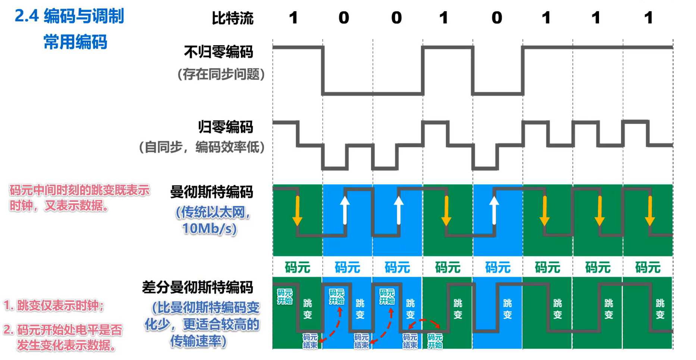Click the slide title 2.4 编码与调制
(69, 16)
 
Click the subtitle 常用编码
(75, 41)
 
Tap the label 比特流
(232, 18)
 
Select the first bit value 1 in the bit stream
(294, 18)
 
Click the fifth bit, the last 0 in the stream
(496, 18)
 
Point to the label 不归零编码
(219, 52)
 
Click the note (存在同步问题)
(221, 74)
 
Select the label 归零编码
(225, 127)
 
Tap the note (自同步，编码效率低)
(201, 147)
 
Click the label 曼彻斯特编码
(211, 192)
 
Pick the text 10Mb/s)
(209, 228)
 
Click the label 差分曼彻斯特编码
(197, 287)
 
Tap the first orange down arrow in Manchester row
(297, 211)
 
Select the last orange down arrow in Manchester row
(650, 211)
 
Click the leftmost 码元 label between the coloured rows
(297, 267)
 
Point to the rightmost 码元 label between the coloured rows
(648, 267)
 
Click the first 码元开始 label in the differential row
(285, 297)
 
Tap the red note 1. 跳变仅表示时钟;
(54, 306)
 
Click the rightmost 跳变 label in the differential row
(660, 309)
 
